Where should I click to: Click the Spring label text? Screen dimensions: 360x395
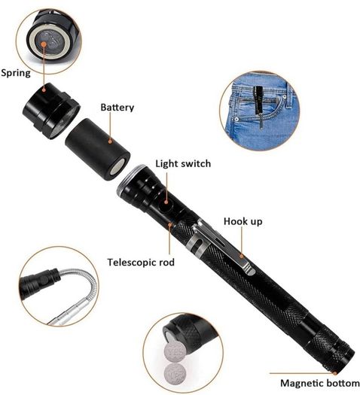pyautogui.click(x=16, y=73)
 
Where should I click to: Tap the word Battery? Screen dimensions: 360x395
pyautogui.click(x=117, y=108)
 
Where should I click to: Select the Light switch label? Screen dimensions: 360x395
pyautogui.click(x=183, y=164)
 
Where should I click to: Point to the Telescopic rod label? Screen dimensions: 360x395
pyautogui.click(x=141, y=263)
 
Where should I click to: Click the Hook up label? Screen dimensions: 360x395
pyautogui.click(x=243, y=221)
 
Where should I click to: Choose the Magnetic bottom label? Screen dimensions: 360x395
pyautogui.click(x=320, y=383)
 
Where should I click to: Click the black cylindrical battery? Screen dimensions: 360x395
pyautogui.click(x=98, y=149)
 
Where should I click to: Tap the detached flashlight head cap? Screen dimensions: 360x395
pyautogui.click(x=51, y=111)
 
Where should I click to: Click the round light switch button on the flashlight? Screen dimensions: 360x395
pyautogui.click(x=166, y=202)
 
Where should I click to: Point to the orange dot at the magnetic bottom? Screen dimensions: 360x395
pyautogui.click(x=335, y=373)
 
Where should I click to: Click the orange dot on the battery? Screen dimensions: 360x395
pyautogui.click(x=110, y=141)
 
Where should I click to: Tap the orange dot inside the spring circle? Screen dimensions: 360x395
pyautogui.click(x=44, y=44)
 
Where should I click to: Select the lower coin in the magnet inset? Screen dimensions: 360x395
pyautogui.click(x=175, y=374)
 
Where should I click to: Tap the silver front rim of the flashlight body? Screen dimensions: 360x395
pyautogui.click(x=132, y=178)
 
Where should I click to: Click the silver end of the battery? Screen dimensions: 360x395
pyautogui.click(x=118, y=167)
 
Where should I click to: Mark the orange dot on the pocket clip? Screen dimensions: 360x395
pyautogui.click(x=242, y=257)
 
